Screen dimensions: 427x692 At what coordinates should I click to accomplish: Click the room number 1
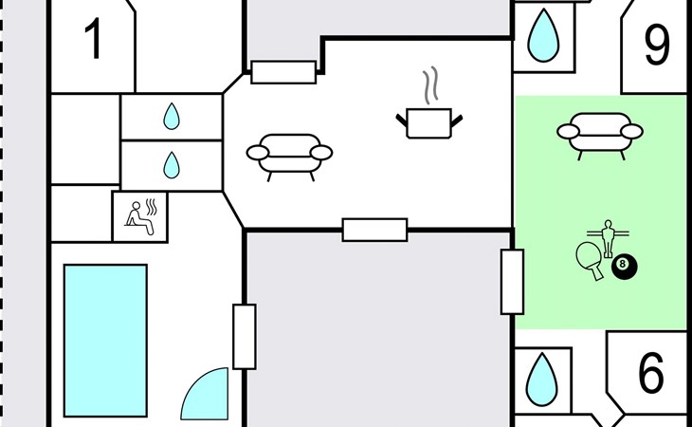coord(93,41)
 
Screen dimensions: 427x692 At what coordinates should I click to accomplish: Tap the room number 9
coord(657,44)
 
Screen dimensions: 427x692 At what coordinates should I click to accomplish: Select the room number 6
coord(650,374)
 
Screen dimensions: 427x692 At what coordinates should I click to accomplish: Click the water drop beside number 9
coord(543,35)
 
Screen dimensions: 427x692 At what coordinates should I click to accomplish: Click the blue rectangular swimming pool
coord(105,340)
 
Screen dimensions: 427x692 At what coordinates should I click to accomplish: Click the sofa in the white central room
coord(289,155)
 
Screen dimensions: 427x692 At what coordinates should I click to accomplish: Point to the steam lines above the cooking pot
coord(431,84)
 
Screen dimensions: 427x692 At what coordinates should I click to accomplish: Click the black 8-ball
coord(624,267)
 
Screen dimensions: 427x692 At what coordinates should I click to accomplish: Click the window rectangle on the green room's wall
coord(512,282)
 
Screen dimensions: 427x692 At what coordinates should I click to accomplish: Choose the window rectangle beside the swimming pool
coord(245,337)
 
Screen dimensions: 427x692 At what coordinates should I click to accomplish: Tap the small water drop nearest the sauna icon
coord(171,166)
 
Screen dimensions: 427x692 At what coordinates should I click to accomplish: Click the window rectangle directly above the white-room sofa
coord(283,72)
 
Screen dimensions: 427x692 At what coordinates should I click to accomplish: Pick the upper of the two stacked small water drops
coord(171,117)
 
